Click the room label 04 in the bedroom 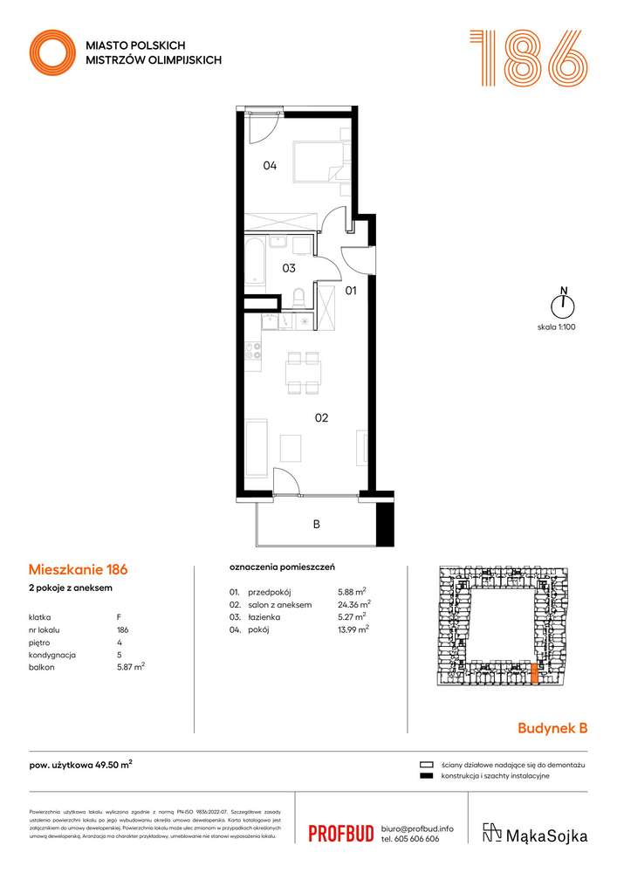click(271, 166)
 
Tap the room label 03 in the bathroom click(288, 268)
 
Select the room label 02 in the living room click(321, 418)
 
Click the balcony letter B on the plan click(316, 525)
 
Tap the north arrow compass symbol click(564, 304)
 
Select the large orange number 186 click(527, 58)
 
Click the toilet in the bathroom click(298, 297)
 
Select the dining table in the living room click(303, 373)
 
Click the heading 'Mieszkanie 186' click(78, 569)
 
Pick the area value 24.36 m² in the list click(354, 603)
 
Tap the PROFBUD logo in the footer click(341, 834)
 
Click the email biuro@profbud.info click(417, 828)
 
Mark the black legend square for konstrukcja click(426, 776)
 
